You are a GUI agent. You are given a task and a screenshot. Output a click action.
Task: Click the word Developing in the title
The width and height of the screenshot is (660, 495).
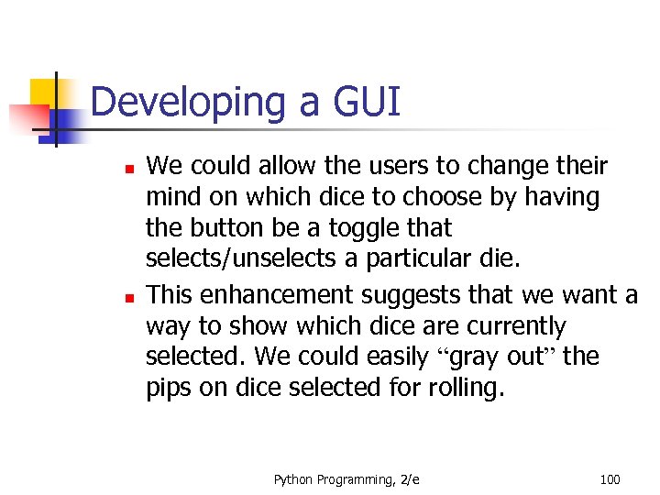coord(189,103)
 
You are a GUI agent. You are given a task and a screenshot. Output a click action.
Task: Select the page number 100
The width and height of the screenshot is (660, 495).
coord(609,479)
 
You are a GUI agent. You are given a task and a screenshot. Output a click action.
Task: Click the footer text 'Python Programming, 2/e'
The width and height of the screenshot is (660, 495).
coord(346,479)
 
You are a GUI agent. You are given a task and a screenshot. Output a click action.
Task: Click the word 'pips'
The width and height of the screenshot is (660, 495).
coord(169,388)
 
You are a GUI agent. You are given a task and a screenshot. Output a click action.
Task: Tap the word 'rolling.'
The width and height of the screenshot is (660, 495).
coord(466,388)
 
